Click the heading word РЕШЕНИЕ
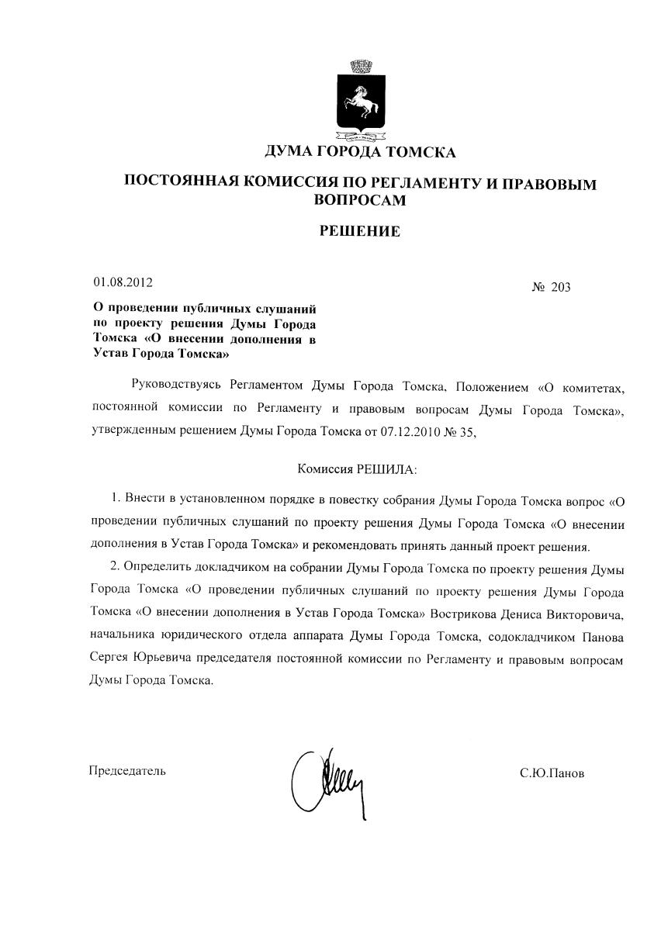(361, 230)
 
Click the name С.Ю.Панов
(552, 773)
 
